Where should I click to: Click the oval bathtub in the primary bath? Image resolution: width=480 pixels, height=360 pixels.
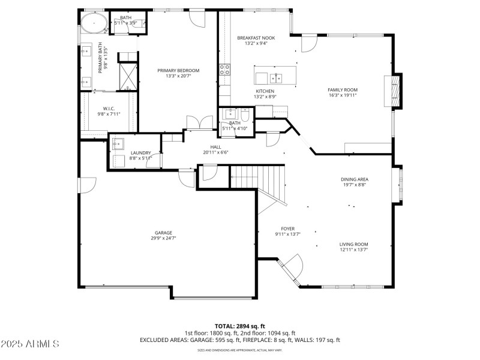tap(95, 25)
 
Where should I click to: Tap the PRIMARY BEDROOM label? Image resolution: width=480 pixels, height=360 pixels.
tap(178, 70)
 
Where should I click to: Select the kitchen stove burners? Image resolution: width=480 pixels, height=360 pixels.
tap(226, 69)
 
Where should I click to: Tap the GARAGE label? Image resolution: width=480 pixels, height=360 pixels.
tap(163, 233)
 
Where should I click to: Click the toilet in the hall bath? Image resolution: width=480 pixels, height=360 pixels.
tap(244, 116)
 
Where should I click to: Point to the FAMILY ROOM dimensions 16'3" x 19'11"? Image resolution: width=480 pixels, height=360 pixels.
tap(343, 95)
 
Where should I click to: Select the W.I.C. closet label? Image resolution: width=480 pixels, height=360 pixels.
tap(109, 109)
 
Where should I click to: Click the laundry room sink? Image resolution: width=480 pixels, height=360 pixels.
tap(118, 144)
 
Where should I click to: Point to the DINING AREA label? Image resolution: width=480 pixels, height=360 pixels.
tap(354, 179)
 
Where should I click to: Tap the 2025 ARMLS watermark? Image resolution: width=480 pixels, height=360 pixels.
tap(30, 344)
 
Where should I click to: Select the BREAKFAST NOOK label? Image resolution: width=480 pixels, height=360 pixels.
tap(256, 37)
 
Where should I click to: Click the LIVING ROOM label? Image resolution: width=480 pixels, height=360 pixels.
tap(353, 244)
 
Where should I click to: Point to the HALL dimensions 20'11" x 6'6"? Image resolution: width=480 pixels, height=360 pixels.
tap(215, 152)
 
